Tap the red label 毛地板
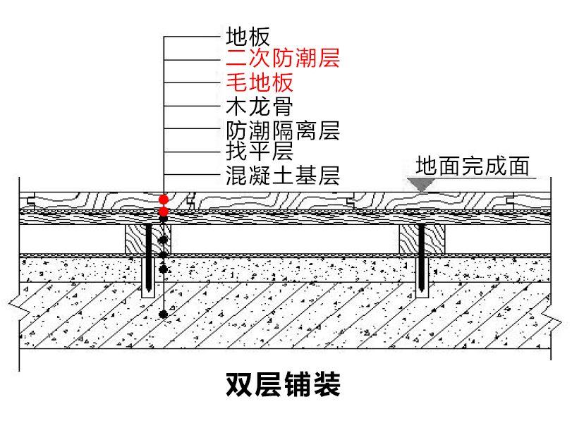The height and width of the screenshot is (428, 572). click(259, 83)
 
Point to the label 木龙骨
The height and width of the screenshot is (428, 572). click(259, 107)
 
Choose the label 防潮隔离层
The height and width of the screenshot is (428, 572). click(283, 130)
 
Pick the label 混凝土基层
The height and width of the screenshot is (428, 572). click(283, 173)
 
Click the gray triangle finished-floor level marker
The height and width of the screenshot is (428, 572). click(422, 183)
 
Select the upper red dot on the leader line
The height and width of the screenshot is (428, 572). click(164, 200)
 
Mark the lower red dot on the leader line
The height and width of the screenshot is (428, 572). click(164, 211)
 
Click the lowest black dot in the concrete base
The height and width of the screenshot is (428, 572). click(164, 314)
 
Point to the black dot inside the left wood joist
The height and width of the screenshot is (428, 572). click(164, 237)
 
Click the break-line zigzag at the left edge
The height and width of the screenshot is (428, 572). click(16, 304)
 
